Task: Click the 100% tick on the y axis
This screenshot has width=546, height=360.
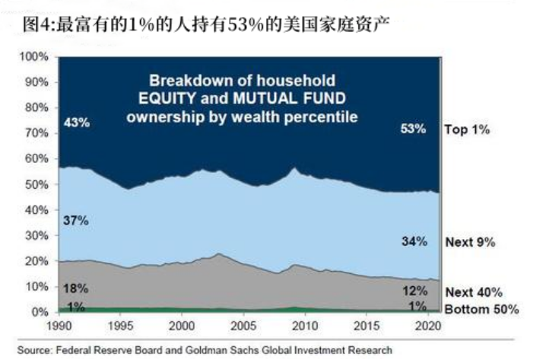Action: pos(33,56)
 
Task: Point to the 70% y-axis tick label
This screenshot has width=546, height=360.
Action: pos(37,133)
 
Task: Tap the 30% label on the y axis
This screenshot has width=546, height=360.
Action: pos(37,235)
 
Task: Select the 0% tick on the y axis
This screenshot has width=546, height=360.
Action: pos(40,312)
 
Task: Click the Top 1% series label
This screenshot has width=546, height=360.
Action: pos(466,129)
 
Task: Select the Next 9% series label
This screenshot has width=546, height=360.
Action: pos(469,242)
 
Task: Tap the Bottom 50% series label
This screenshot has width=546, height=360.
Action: pos(481,309)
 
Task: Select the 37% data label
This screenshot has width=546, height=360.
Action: pos(77,221)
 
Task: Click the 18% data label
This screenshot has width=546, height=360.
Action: pos(77,288)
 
